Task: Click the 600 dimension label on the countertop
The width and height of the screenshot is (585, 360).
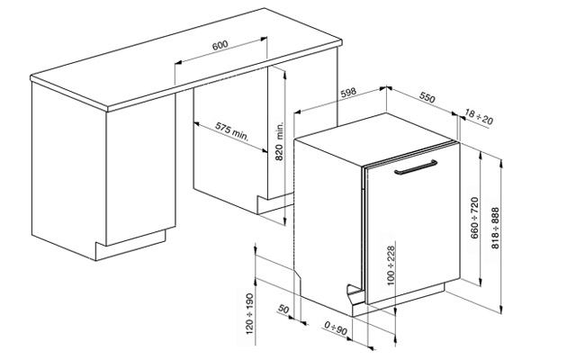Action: [x=220, y=45]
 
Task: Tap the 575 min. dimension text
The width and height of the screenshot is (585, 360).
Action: [x=231, y=131]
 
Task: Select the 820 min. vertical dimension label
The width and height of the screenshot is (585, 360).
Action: [x=280, y=141]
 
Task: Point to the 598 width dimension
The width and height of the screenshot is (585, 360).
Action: [x=348, y=92]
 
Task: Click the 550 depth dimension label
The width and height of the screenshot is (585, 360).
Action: [x=427, y=97]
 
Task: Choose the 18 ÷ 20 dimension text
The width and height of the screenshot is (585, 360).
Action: [x=479, y=117]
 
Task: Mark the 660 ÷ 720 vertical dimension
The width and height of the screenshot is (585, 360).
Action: [x=474, y=218]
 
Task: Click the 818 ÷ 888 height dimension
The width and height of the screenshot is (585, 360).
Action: [x=496, y=229]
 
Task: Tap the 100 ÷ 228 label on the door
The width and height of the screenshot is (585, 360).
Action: [x=391, y=265]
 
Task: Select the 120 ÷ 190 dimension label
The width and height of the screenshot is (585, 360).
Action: [x=249, y=314]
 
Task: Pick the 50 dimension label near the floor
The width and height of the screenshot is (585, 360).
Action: [x=283, y=309]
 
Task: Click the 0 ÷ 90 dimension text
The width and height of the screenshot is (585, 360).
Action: [x=336, y=329]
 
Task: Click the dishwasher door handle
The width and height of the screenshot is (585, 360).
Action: [x=416, y=167]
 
